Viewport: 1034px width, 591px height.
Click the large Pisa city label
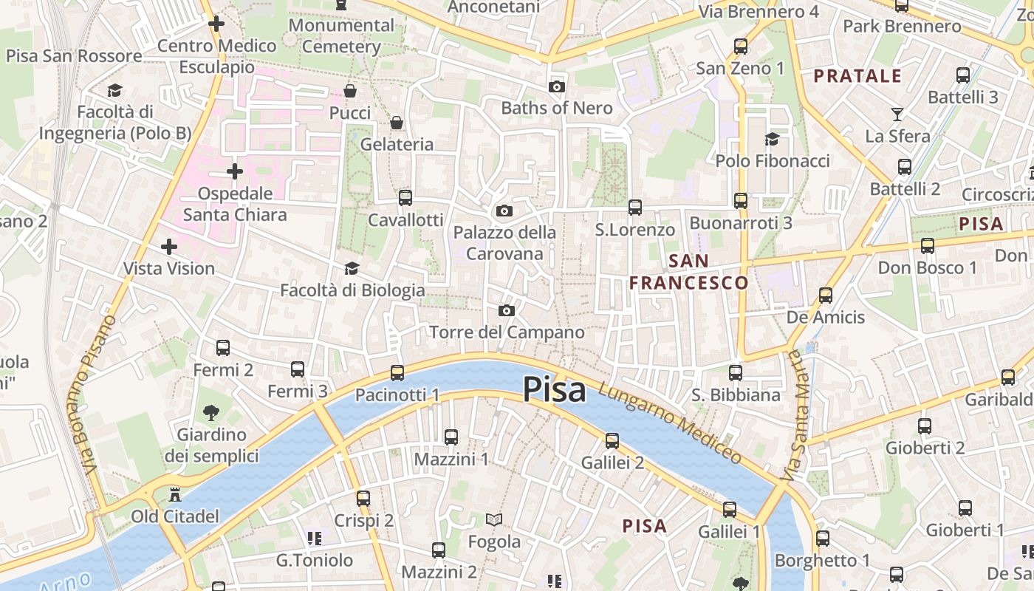click(555, 389)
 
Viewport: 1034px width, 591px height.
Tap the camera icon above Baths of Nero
click(557, 87)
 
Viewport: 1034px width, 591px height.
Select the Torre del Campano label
click(507, 332)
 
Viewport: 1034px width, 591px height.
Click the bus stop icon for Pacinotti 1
click(397, 373)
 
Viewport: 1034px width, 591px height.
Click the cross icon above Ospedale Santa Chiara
click(235, 172)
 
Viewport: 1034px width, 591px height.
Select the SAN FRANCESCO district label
click(688, 272)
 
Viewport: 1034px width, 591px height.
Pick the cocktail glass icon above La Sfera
click(897, 115)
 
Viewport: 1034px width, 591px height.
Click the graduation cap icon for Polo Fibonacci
click(772, 139)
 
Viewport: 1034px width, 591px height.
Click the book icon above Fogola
click(494, 520)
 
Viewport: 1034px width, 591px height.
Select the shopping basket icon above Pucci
click(350, 91)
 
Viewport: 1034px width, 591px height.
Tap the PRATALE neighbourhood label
click(857, 76)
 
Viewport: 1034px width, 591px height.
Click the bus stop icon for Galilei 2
click(612, 441)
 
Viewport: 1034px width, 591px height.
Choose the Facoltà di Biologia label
click(352, 290)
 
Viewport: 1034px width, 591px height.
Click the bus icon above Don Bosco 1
click(928, 246)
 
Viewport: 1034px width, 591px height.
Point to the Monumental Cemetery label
click(341, 35)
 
